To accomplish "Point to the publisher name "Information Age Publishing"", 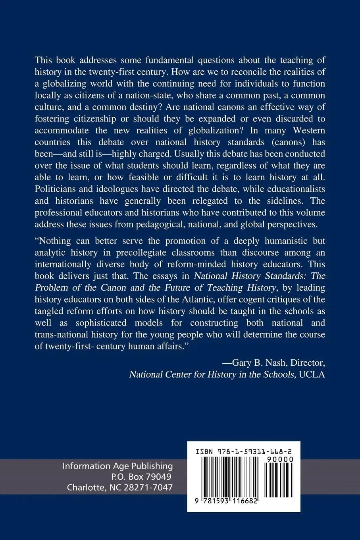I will click(x=117, y=466).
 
